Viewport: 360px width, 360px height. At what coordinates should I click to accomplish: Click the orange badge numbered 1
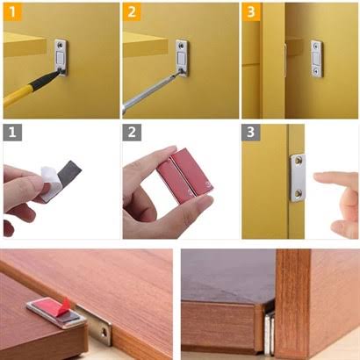[x=11, y=11]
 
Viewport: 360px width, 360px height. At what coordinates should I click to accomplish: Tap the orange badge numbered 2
[x=131, y=11]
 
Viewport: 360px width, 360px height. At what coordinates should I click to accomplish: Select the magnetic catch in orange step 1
[x=61, y=58]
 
